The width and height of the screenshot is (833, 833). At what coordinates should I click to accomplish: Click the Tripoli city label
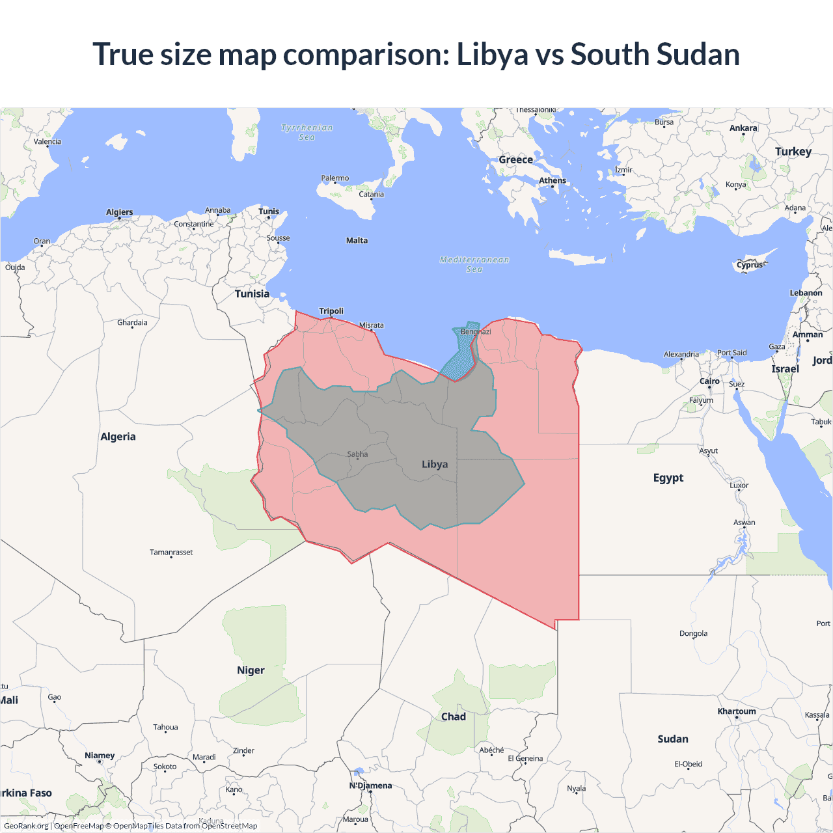point(331,311)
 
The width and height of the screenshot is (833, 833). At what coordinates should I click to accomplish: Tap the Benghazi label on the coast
point(476,332)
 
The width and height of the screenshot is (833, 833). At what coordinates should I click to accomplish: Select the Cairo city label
point(709,381)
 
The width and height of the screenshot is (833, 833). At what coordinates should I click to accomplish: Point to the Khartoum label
point(737,711)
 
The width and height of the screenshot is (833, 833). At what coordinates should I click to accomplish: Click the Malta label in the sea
point(357,241)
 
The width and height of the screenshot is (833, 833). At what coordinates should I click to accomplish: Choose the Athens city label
point(553,181)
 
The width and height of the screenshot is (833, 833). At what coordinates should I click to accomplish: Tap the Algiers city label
point(120,212)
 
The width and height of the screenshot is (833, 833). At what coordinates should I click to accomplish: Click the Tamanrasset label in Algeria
point(171,553)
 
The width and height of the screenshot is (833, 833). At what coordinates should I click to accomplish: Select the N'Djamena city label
point(370,785)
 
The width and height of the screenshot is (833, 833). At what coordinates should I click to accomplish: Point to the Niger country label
point(251,670)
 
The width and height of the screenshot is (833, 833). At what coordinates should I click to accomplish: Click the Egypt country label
point(668,478)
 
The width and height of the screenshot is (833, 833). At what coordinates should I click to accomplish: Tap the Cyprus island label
point(750,265)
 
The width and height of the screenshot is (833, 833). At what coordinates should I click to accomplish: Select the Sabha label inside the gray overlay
point(357,454)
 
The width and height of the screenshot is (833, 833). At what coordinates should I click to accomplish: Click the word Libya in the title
point(492,54)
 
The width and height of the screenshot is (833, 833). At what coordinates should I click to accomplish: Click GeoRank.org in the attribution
point(26,826)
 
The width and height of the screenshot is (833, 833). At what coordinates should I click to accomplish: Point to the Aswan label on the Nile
point(744,523)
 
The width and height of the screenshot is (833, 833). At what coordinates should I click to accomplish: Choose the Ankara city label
point(743,128)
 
